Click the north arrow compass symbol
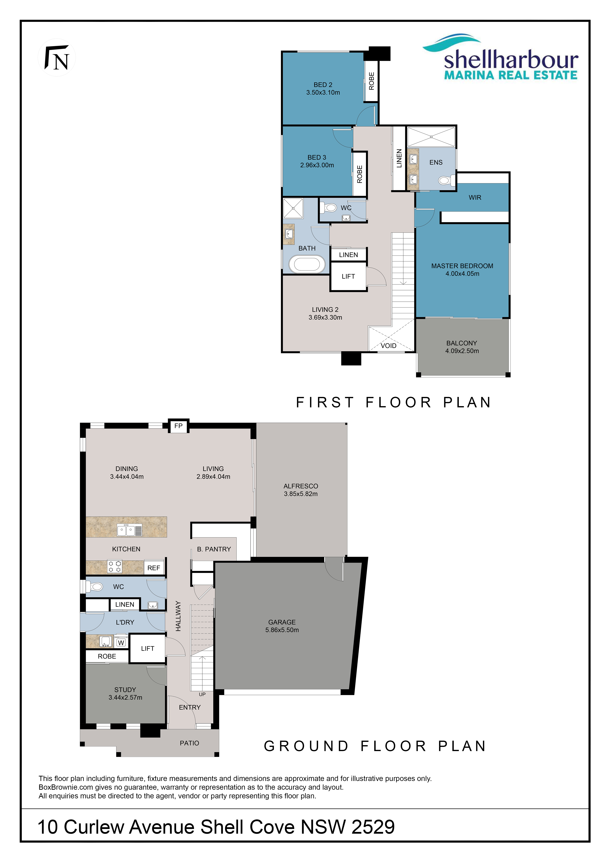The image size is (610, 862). (57, 57)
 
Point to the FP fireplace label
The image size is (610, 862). (178, 426)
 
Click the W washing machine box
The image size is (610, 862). (121, 643)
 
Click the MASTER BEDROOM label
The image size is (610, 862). (462, 266)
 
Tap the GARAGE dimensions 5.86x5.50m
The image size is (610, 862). (282, 630)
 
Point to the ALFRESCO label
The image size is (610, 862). (301, 486)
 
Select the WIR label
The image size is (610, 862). (475, 198)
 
